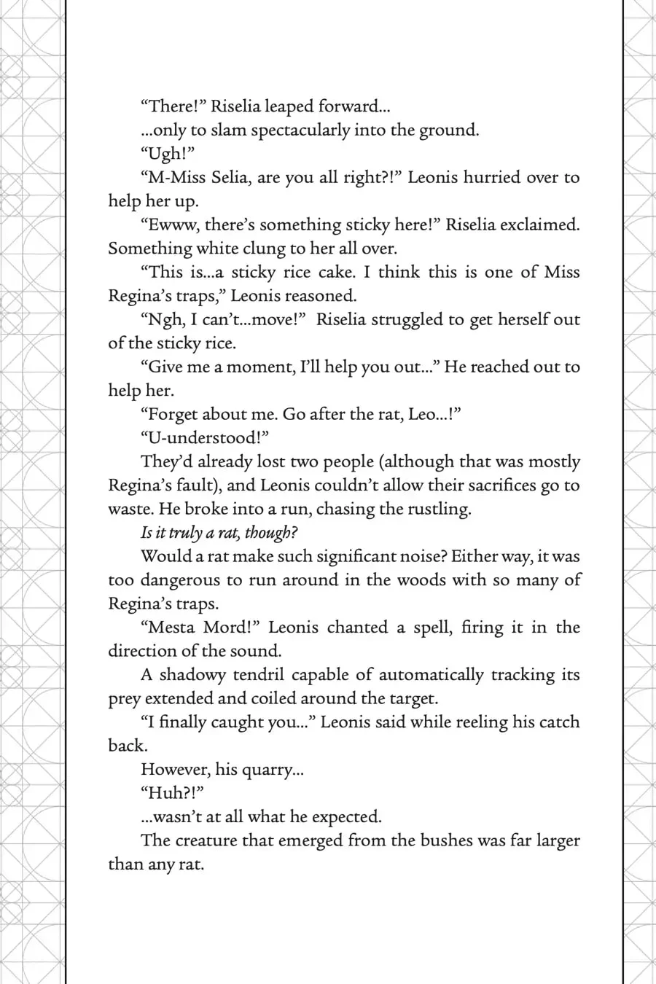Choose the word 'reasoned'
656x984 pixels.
[x=320, y=296]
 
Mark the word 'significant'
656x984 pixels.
[x=297, y=556]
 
